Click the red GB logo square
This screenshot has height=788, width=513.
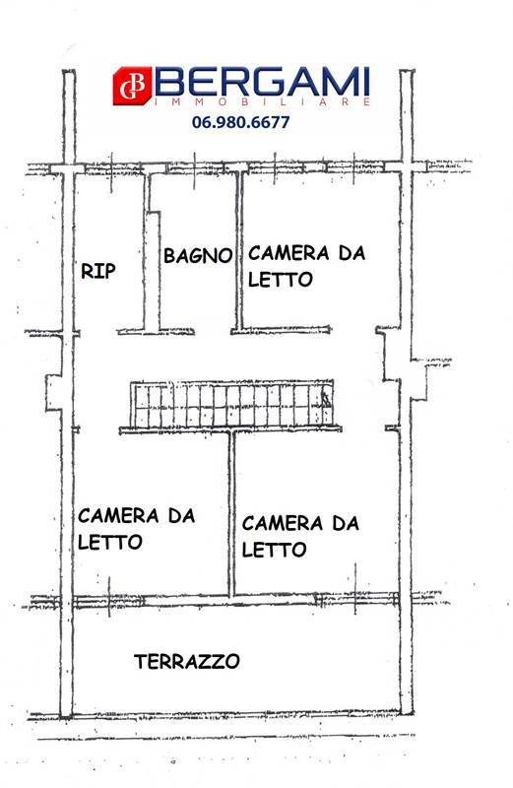pos(132,86)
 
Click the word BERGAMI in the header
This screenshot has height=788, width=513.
pos(262,82)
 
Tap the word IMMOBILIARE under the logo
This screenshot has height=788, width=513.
pos(262,101)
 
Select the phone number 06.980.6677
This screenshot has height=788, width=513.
pos(240,122)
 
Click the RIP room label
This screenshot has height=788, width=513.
pos(98,271)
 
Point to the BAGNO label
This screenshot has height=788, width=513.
pos(198,255)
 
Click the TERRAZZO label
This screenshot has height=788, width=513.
pos(186,661)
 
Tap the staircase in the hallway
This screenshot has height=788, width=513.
pos(231,406)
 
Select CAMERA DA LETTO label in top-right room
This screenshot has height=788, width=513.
pos(306,266)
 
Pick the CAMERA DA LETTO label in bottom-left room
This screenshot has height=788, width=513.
pos(136,529)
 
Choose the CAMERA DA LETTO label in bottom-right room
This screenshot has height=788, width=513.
pos(300,536)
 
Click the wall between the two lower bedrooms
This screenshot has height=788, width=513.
pos(231,513)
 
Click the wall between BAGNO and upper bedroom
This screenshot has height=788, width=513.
pos(239,250)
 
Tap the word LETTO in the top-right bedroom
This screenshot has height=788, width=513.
pos(281,280)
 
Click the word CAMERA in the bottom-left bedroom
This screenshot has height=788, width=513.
pos(118,515)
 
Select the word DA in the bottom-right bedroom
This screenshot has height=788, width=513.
pos(346,523)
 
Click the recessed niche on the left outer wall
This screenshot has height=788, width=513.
pos(54,392)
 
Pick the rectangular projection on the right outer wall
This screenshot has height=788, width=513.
pos(418,380)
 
